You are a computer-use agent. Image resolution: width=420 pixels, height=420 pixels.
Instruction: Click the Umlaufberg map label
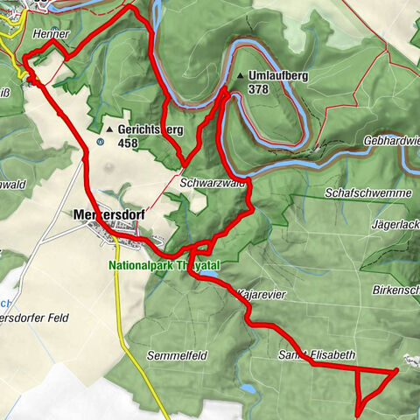click(278, 76)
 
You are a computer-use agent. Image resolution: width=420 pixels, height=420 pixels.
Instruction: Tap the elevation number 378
click(258, 89)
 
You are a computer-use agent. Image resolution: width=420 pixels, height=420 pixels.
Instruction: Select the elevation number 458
click(128, 143)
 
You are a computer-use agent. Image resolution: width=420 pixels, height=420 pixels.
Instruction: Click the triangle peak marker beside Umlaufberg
click(240, 76)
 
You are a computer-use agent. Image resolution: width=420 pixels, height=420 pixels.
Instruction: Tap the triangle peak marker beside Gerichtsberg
click(109, 129)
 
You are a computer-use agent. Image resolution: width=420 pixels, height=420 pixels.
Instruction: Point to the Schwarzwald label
click(211, 185)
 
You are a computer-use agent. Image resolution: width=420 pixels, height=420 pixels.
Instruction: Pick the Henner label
click(51, 33)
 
